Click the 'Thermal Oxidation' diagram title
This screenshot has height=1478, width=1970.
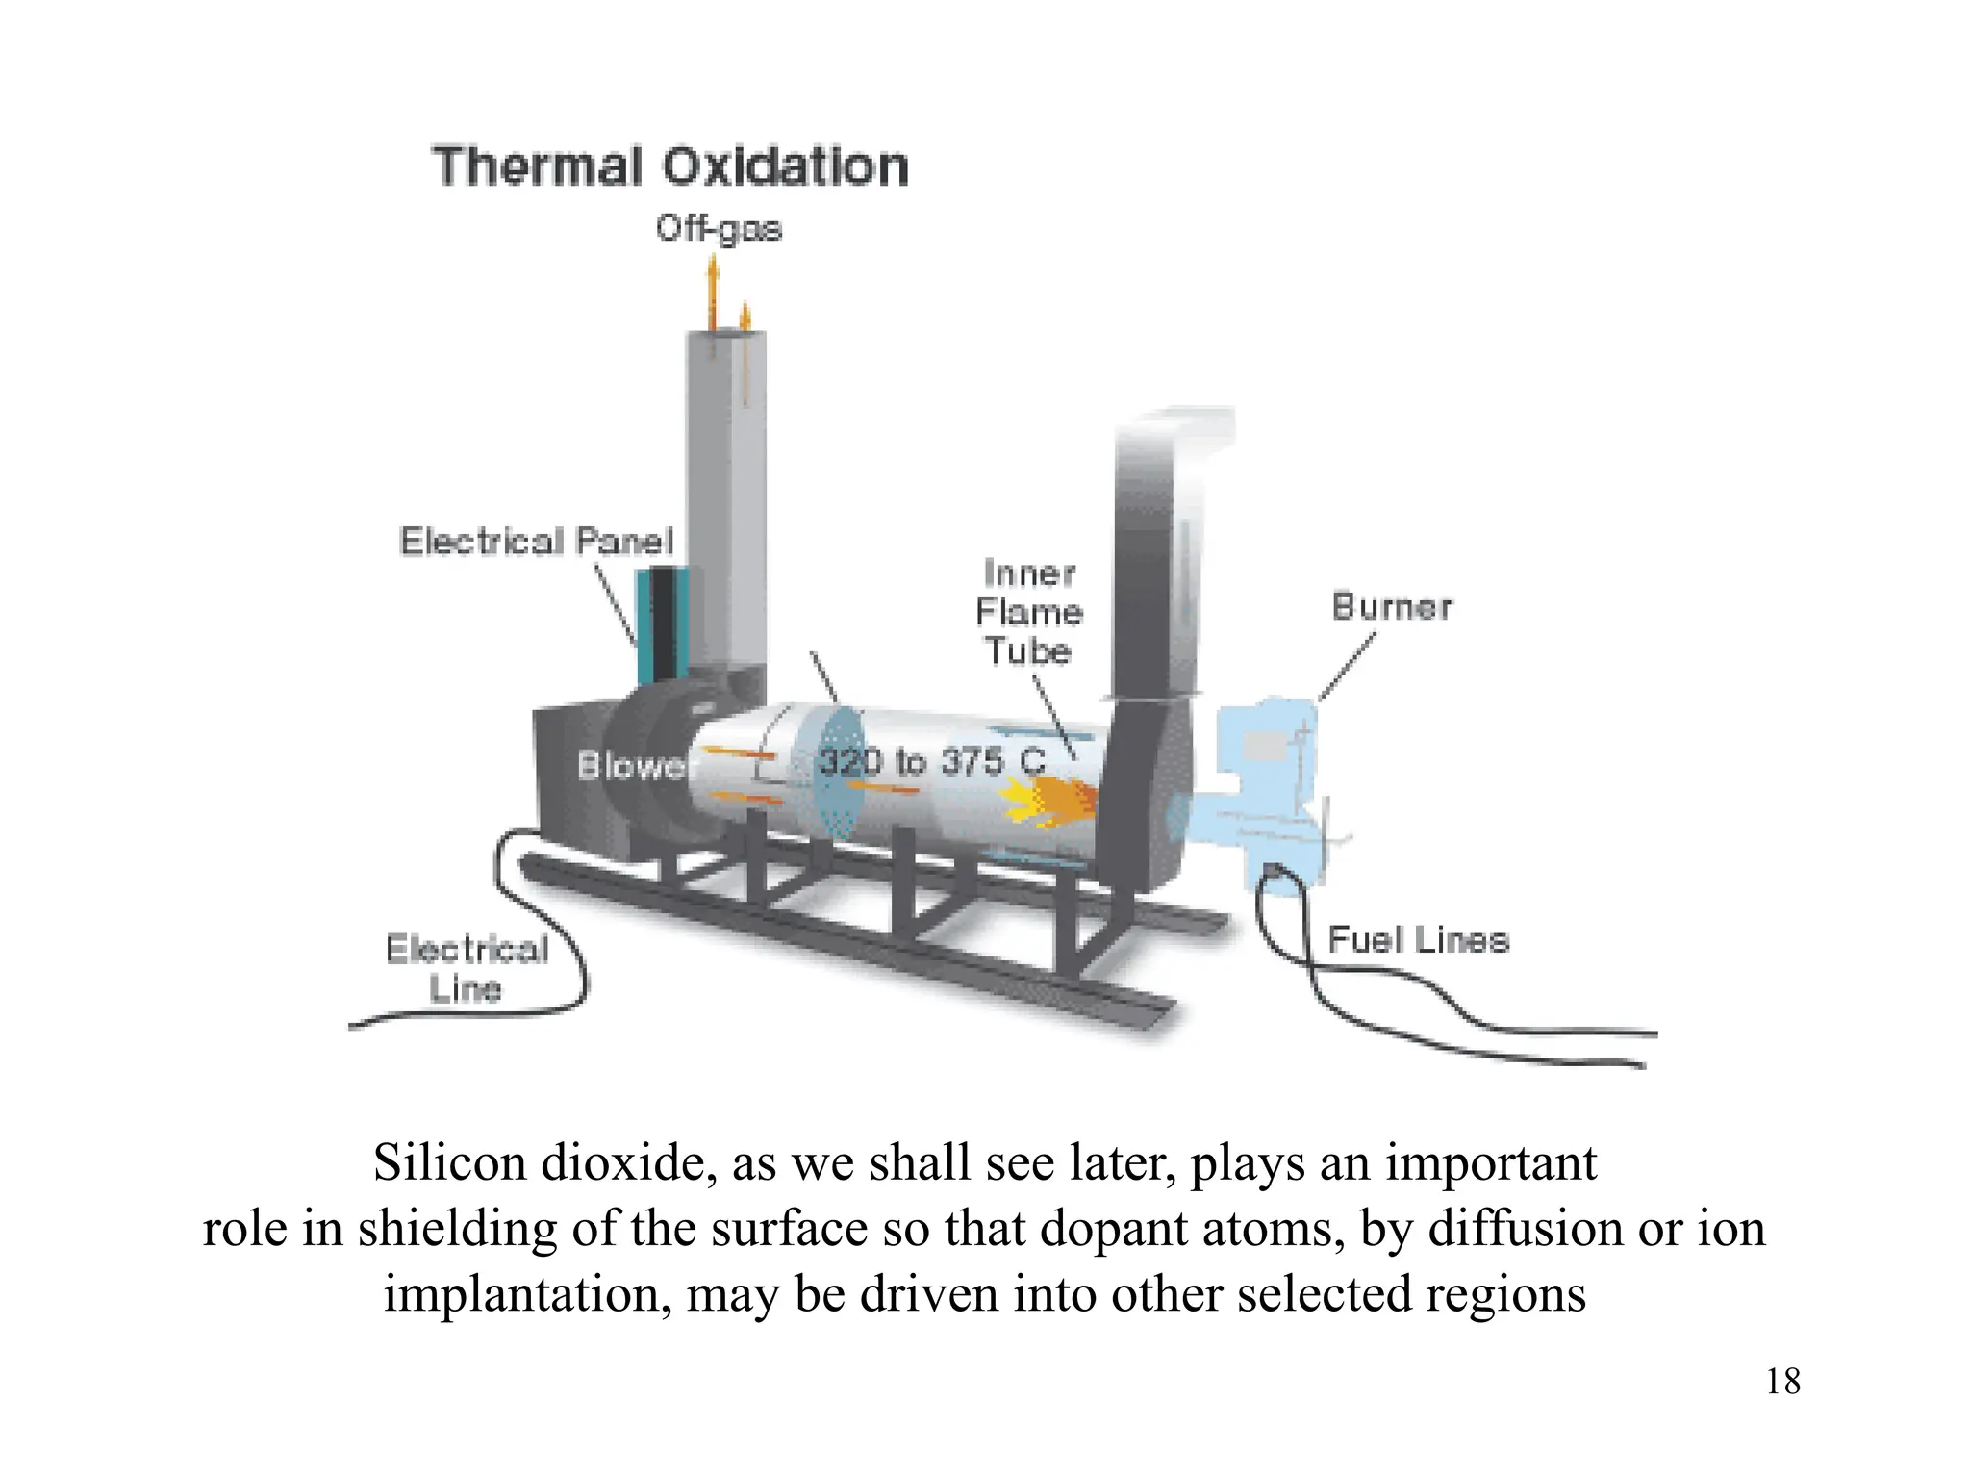pyautogui.click(x=670, y=166)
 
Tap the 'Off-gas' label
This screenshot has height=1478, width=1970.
pyautogui.click(x=720, y=229)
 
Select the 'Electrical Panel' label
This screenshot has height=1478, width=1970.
pyautogui.click(x=537, y=542)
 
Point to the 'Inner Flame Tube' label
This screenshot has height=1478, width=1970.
pyautogui.click(x=1028, y=612)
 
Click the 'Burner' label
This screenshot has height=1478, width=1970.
pyautogui.click(x=1392, y=607)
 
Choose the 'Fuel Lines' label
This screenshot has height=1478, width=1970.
pyautogui.click(x=1418, y=940)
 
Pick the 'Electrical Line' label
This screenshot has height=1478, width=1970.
pyautogui.click(x=467, y=969)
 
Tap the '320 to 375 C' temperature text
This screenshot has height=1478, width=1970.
pyautogui.click(x=931, y=762)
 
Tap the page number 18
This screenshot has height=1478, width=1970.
pyautogui.click(x=1782, y=1382)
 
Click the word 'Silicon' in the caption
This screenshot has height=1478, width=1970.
pyautogui.click(x=449, y=1163)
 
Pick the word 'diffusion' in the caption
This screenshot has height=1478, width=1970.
pyautogui.click(x=1518, y=1229)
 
